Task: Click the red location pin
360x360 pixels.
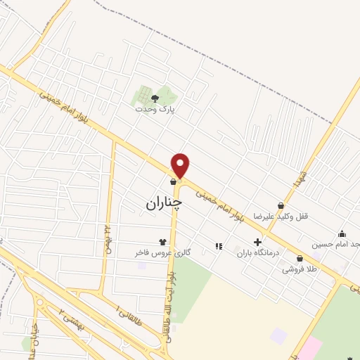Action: [x=181, y=166]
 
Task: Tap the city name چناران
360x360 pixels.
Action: [x=164, y=203]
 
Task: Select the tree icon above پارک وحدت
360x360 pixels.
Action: [x=155, y=99]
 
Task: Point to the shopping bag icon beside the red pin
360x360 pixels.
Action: [x=173, y=181]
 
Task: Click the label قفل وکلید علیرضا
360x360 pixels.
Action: [x=286, y=216]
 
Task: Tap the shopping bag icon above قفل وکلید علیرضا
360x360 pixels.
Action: [x=281, y=205]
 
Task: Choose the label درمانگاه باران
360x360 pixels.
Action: [x=258, y=252]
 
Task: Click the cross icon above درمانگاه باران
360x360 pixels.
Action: [x=257, y=242]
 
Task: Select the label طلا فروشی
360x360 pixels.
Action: [x=299, y=269]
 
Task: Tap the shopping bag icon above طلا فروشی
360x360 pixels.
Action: [x=300, y=258]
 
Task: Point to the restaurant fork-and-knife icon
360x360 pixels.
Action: [x=219, y=246]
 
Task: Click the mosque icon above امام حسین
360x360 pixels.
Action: [x=342, y=234]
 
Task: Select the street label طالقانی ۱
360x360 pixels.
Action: [x=128, y=308]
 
